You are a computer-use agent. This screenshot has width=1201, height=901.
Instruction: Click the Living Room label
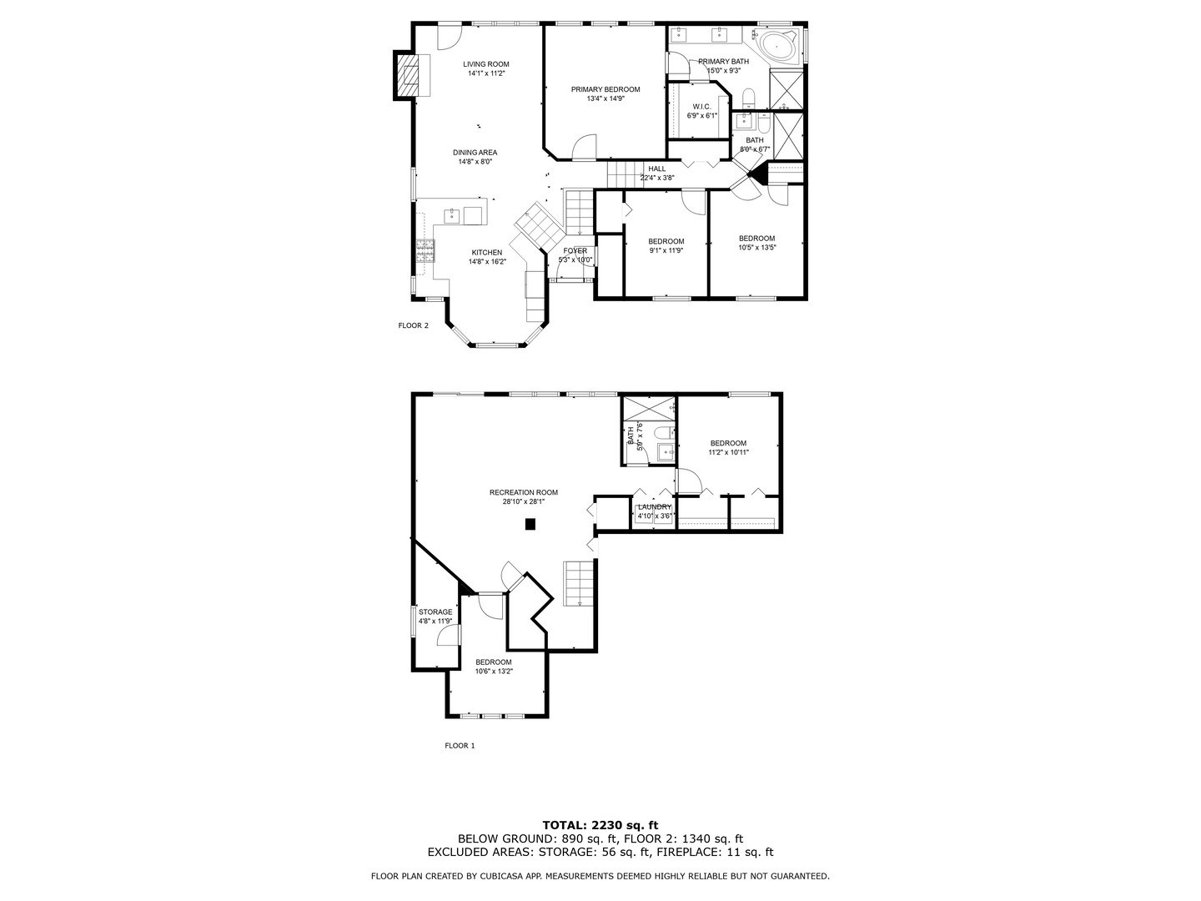tap(485, 64)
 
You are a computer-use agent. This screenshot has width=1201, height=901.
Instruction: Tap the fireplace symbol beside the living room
tap(408, 76)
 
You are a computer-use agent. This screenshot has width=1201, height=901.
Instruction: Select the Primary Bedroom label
tap(605, 89)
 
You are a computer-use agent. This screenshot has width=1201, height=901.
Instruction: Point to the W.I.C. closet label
tap(701, 107)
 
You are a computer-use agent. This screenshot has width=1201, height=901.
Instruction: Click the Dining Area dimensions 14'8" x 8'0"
tap(475, 162)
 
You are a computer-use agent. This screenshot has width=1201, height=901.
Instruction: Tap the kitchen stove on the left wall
tap(425, 251)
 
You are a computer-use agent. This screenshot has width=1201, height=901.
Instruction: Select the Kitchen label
tap(487, 253)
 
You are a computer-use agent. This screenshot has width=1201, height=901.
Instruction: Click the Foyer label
tap(575, 251)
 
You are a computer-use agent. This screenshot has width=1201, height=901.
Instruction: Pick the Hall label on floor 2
tap(656, 169)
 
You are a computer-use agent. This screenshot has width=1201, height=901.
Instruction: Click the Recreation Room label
tap(523, 492)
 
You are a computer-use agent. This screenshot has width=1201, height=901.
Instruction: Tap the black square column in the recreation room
tap(530, 524)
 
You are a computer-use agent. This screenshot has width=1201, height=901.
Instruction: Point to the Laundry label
tap(655, 506)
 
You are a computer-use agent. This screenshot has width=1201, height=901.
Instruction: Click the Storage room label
tap(435, 612)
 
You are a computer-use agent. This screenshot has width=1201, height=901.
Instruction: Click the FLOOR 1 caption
tap(460, 746)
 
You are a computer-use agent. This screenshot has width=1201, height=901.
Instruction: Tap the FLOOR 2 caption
tap(413, 325)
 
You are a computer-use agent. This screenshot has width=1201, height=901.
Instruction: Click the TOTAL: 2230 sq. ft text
tap(600, 825)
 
